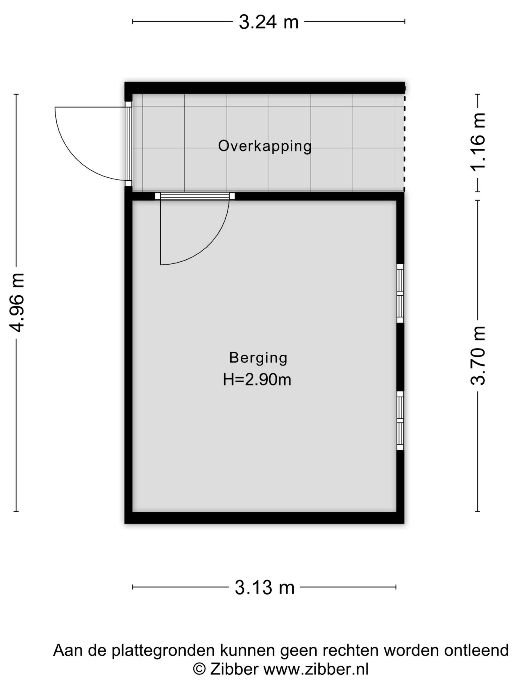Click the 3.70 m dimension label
tap(478, 356)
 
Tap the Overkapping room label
tap(265, 146)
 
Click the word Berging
tap(258, 358)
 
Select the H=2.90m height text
tap(257, 380)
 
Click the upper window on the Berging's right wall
tap(400, 293)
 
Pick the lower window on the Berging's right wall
tap(400, 421)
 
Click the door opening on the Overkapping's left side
tap(128, 144)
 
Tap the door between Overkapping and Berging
tap(195, 196)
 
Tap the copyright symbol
tap(199, 669)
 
